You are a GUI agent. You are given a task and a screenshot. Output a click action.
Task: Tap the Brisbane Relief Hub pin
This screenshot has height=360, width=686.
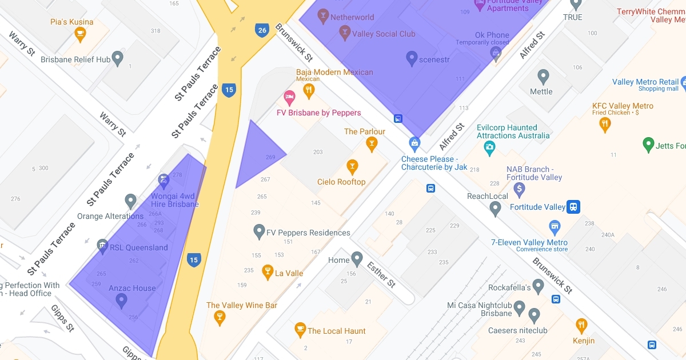[118, 58]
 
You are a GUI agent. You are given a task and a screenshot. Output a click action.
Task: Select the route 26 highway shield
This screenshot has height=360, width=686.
[262, 30]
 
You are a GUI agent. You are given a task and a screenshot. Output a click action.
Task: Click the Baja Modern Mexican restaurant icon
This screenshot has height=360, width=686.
[309, 90]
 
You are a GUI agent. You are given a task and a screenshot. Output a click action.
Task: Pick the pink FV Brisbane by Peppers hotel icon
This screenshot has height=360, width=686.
[289, 97]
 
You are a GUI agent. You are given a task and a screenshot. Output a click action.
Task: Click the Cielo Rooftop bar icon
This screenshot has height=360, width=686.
[352, 166]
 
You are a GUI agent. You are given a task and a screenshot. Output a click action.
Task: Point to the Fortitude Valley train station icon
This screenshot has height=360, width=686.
[573, 207]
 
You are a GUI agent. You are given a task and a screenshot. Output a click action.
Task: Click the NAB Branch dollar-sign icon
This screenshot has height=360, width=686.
[519, 188]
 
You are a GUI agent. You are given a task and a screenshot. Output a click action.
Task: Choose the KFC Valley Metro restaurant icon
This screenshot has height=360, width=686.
[605, 124]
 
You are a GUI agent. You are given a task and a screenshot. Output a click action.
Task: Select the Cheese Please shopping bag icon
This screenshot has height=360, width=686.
[414, 142]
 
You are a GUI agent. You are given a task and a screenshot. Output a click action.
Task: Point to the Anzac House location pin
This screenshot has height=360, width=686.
[121, 300]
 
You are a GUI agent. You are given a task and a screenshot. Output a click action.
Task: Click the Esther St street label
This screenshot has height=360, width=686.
[381, 274]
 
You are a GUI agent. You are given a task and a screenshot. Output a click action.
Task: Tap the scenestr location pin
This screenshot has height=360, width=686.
[411, 58]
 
